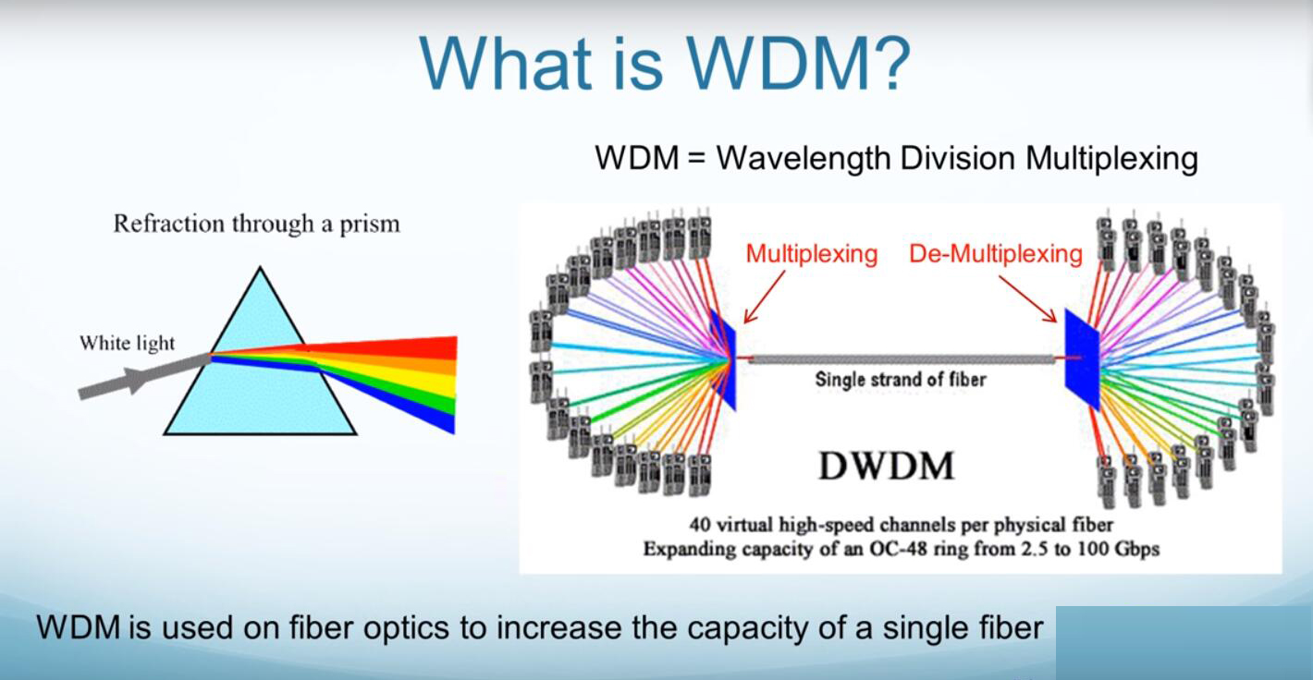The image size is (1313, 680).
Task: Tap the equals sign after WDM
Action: coord(696,158)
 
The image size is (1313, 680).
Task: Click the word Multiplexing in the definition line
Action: coord(1111,159)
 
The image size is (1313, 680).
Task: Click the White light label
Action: coord(128,343)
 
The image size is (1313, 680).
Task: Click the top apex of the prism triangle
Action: coord(260,267)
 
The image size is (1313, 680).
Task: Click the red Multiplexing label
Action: coord(812,254)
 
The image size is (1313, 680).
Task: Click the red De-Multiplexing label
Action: coord(995,254)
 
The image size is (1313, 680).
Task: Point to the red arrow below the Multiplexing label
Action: coord(764,297)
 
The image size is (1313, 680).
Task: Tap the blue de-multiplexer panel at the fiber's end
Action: coord(1082,358)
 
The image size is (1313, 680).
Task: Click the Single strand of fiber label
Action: coord(901,380)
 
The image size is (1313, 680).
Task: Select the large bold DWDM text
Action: coord(886,467)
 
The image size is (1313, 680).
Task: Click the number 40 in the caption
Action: coord(700,524)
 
